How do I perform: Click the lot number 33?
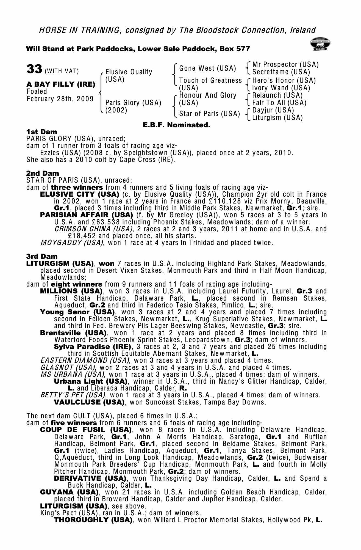[x=34, y=70]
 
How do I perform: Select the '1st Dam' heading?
[x=42, y=132]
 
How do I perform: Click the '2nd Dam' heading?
[x=43, y=174]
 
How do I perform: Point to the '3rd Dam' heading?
[x=42, y=257]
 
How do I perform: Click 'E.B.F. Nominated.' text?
[x=176, y=125]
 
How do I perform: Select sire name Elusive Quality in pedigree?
[x=129, y=72]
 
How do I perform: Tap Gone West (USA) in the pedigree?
[x=207, y=68]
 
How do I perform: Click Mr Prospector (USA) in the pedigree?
[x=285, y=65]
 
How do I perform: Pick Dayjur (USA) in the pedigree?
[x=273, y=110]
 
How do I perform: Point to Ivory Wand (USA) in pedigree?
[x=281, y=88]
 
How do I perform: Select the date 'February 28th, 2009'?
[x=60, y=99]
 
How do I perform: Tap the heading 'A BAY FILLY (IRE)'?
[x=61, y=84]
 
